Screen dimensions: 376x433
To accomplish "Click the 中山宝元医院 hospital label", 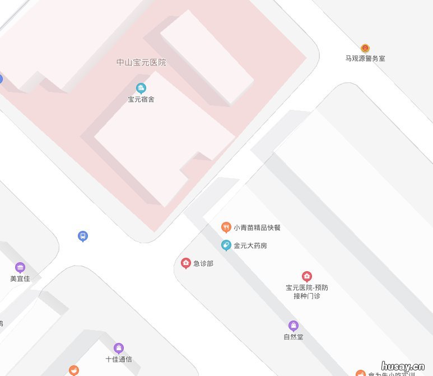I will [x=141, y=63].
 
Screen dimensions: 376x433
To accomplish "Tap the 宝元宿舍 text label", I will [x=141, y=100].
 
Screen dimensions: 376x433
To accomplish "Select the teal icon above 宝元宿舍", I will [x=141, y=87].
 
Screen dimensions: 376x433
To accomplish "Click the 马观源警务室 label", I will [x=365, y=58].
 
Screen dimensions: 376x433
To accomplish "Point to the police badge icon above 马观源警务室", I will [x=365, y=48].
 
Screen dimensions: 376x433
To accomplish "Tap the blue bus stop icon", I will [x=83, y=236].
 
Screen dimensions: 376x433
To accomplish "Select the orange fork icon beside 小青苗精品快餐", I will [x=226, y=228].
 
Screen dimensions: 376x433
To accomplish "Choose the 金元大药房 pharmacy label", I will [x=250, y=245].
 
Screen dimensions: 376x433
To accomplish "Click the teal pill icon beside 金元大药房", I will [x=226, y=245].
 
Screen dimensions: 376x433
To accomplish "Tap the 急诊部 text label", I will [x=203, y=263].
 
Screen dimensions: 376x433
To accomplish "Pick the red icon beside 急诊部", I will [x=186, y=263].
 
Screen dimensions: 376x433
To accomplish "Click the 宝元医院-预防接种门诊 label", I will [x=307, y=292].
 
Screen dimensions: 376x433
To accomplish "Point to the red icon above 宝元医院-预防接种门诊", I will [x=307, y=276].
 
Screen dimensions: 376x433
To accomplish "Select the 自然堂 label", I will [x=294, y=337].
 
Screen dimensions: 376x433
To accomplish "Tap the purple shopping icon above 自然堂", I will [x=294, y=326].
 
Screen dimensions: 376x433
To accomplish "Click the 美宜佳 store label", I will [x=20, y=278].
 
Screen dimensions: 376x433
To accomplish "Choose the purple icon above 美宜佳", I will [x=20, y=267].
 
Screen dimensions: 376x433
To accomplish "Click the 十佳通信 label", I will [x=119, y=359].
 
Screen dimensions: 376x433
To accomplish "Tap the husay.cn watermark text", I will [x=403, y=366].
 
